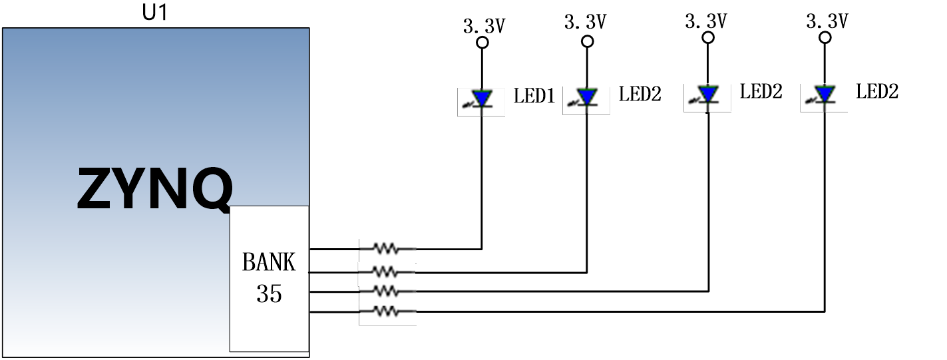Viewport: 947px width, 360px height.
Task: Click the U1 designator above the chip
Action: tap(155, 12)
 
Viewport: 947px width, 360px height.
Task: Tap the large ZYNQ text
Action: tap(155, 188)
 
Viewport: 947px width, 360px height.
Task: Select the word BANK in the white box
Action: tap(268, 262)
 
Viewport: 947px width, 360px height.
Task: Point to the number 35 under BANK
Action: tap(269, 293)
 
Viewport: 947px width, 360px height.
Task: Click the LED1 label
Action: tap(534, 96)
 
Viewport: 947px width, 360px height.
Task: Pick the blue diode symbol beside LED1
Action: tap(482, 99)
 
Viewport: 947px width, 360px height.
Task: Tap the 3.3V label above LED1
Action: tap(484, 26)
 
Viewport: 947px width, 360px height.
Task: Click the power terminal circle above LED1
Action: tap(482, 42)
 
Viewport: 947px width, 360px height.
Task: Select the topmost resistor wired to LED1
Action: tap(387, 248)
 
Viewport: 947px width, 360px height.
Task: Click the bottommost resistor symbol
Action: tap(387, 311)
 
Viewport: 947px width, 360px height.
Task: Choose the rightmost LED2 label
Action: tap(877, 91)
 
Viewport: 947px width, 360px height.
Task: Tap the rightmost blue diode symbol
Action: tap(825, 94)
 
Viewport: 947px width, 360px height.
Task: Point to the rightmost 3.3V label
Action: tap(827, 21)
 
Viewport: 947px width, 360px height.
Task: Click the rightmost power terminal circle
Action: tap(825, 38)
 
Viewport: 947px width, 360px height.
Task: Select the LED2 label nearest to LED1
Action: tap(640, 94)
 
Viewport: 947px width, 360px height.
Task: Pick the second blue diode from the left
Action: tap(587, 96)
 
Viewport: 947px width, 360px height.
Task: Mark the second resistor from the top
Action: tap(385, 271)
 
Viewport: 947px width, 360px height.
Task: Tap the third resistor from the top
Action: tap(387, 291)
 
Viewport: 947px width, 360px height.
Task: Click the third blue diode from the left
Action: tap(707, 94)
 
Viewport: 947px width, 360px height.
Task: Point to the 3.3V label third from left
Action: tap(706, 21)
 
